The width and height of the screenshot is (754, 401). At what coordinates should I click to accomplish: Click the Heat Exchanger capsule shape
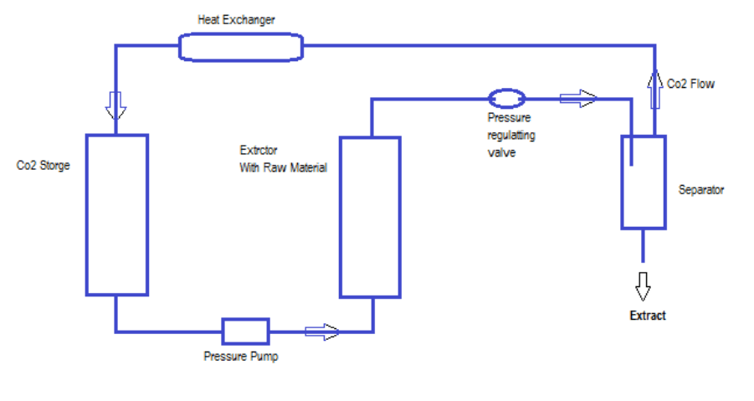[x=240, y=46]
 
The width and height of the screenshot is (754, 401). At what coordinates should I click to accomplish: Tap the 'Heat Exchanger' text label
[x=236, y=19]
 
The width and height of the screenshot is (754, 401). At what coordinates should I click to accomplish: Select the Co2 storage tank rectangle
[x=117, y=214]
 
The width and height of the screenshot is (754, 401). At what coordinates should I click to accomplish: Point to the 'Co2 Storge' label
[x=44, y=166]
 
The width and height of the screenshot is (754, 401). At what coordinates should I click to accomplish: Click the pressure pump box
[x=245, y=332]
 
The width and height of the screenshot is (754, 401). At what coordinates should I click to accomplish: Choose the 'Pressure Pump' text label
[x=241, y=357]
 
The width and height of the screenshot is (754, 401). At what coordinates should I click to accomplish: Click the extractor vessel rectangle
[x=370, y=217]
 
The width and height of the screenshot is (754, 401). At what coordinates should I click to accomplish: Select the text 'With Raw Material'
[x=283, y=167]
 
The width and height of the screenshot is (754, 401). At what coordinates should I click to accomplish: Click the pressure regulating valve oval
[x=505, y=99]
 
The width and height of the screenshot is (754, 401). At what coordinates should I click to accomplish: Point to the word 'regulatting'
[x=511, y=135]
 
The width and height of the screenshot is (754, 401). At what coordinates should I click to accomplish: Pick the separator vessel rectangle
[x=643, y=182]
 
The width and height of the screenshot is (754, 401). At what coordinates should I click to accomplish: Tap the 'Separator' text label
[x=701, y=190]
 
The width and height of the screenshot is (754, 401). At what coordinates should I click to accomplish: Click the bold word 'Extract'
[x=648, y=316]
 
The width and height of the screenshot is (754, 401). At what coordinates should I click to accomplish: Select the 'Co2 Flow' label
[x=691, y=84]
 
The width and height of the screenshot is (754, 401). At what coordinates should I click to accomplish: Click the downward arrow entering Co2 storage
[x=115, y=105]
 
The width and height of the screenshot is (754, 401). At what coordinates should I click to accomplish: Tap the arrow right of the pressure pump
[x=322, y=332]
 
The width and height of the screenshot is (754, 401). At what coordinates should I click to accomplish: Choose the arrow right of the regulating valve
[x=578, y=99]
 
